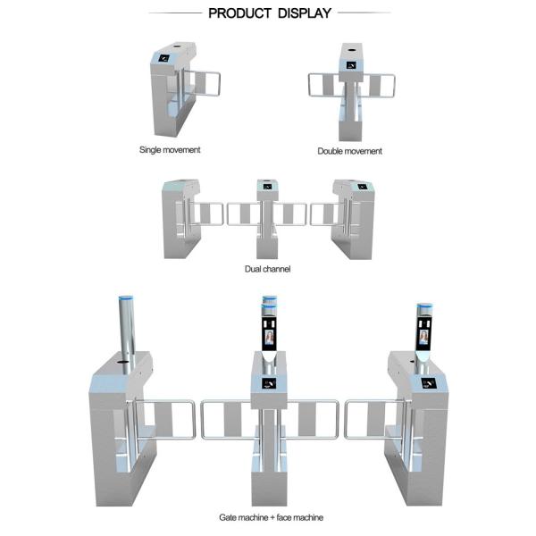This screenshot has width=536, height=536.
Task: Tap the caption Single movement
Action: tap(170, 149)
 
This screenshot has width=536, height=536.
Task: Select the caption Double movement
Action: tap(350, 151)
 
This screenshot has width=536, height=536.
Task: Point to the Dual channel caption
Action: tap(268, 268)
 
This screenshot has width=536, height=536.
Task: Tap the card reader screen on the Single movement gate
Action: tap(165, 59)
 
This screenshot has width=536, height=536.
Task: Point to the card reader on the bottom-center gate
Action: tap(268, 382)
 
